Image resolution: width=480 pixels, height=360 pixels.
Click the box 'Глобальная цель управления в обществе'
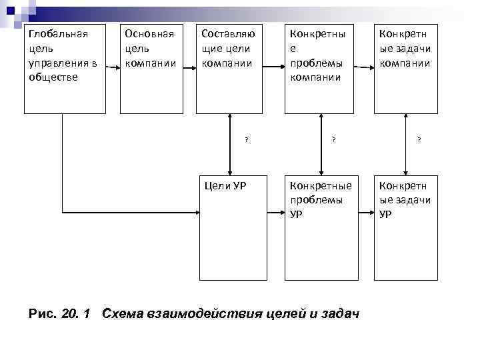click(x=65, y=69)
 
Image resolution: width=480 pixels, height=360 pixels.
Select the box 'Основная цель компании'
click(x=151, y=69)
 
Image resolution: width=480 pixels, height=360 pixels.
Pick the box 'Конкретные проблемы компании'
click(x=319, y=69)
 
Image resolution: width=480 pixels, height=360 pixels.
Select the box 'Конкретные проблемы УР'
click(x=319, y=228)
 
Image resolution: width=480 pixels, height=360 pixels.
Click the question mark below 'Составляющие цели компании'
click(x=246, y=139)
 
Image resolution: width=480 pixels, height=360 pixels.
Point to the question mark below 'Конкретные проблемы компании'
click(x=334, y=139)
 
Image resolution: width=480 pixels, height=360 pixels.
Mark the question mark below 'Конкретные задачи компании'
click(x=419, y=139)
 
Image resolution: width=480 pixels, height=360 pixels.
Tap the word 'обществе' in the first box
click(x=53, y=77)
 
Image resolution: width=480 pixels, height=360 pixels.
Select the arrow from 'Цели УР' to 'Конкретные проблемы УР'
click(x=276, y=213)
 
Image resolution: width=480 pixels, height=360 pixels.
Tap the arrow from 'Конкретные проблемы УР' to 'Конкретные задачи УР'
click(x=363, y=213)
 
